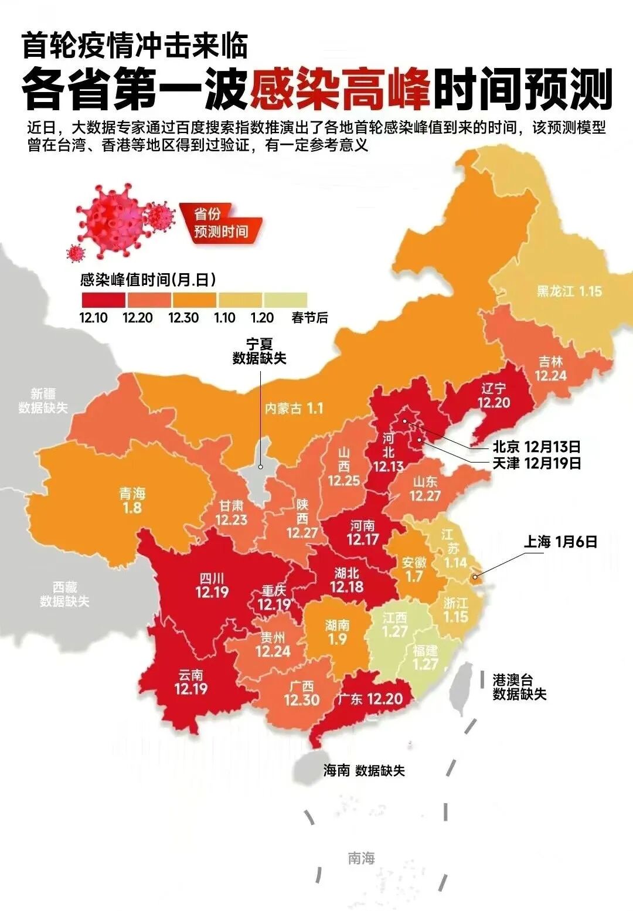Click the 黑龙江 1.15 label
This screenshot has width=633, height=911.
(x=569, y=291)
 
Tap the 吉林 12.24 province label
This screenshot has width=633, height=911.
(x=550, y=369)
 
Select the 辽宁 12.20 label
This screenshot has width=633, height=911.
(x=494, y=396)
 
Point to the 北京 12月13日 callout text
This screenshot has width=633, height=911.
(x=536, y=447)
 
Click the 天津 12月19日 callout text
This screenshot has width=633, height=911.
(x=536, y=463)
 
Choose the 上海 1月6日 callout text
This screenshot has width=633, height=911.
(x=560, y=542)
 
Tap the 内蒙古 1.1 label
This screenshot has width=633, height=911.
(x=294, y=409)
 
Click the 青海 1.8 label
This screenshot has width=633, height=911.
(x=132, y=500)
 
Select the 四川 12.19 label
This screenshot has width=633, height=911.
(x=212, y=586)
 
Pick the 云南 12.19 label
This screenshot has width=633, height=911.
(x=191, y=682)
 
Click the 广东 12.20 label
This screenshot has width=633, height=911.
(x=370, y=699)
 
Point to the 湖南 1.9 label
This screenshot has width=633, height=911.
(x=337, y=632)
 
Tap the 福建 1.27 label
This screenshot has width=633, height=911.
(x=426, y=657)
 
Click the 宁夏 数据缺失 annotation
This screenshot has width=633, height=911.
(x=259, y=351)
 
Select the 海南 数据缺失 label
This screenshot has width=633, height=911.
(x=364, y=770)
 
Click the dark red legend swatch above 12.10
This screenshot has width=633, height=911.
(x=103, y=300)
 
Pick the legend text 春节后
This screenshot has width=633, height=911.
(x=309, y=318)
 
